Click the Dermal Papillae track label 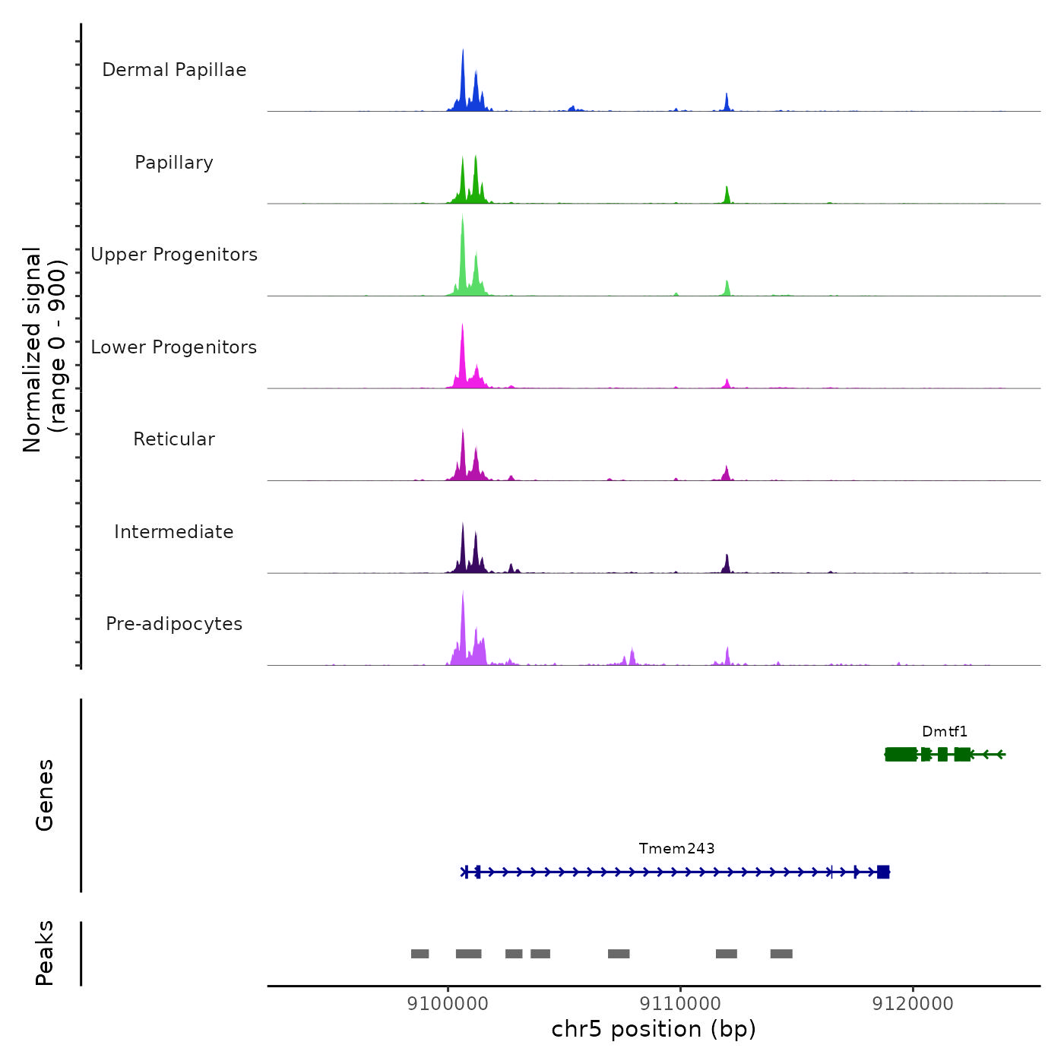[174, 70]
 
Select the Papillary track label [174, 163]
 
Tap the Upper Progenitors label [174, 255]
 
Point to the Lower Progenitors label [174, 347]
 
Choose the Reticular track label [174, 439]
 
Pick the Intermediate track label [174, 532]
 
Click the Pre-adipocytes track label [174, 624]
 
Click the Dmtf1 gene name [945, 732]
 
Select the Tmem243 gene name [676, 849]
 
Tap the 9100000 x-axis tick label [448, 1004]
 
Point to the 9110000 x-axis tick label [680, 1004]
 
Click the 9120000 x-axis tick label [913, 1004]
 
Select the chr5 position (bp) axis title [654, 1030]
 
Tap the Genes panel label [45, 795]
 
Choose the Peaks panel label [45, 953]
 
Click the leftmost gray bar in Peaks [420, 954]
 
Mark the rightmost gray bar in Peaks [781, 954]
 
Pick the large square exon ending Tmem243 [883, 872]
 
